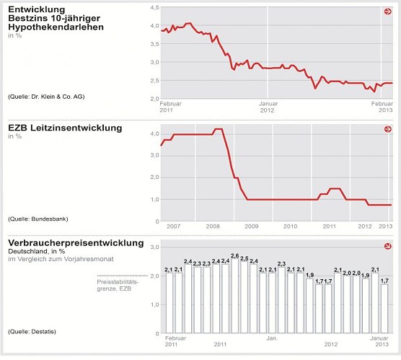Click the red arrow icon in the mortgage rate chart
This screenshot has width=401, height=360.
[387, 12]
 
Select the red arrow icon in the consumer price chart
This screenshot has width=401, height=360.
[387, 247]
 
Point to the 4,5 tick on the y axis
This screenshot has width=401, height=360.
[153, 7]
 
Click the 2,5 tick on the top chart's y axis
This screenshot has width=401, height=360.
[153, 62]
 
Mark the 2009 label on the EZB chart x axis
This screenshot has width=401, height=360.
[251, 227]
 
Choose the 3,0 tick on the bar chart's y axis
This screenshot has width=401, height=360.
[153, 247]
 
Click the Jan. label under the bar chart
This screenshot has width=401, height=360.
[272, 338]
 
